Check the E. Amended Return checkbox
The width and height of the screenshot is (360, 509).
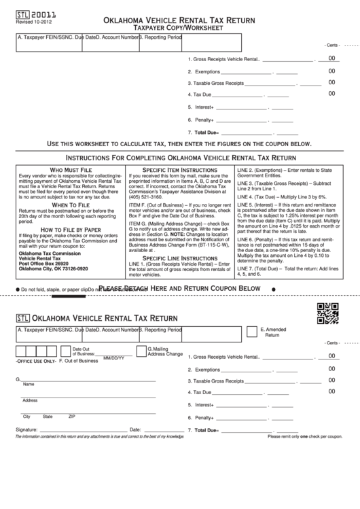[x=253, y=330]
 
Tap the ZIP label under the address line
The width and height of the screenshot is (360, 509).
[x=72, y=416]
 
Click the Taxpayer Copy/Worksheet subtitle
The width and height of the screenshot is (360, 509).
[x=180, y=29]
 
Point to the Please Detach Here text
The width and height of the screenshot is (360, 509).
[x=180, y=289]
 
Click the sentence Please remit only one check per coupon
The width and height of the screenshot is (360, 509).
[x=304, y=436]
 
